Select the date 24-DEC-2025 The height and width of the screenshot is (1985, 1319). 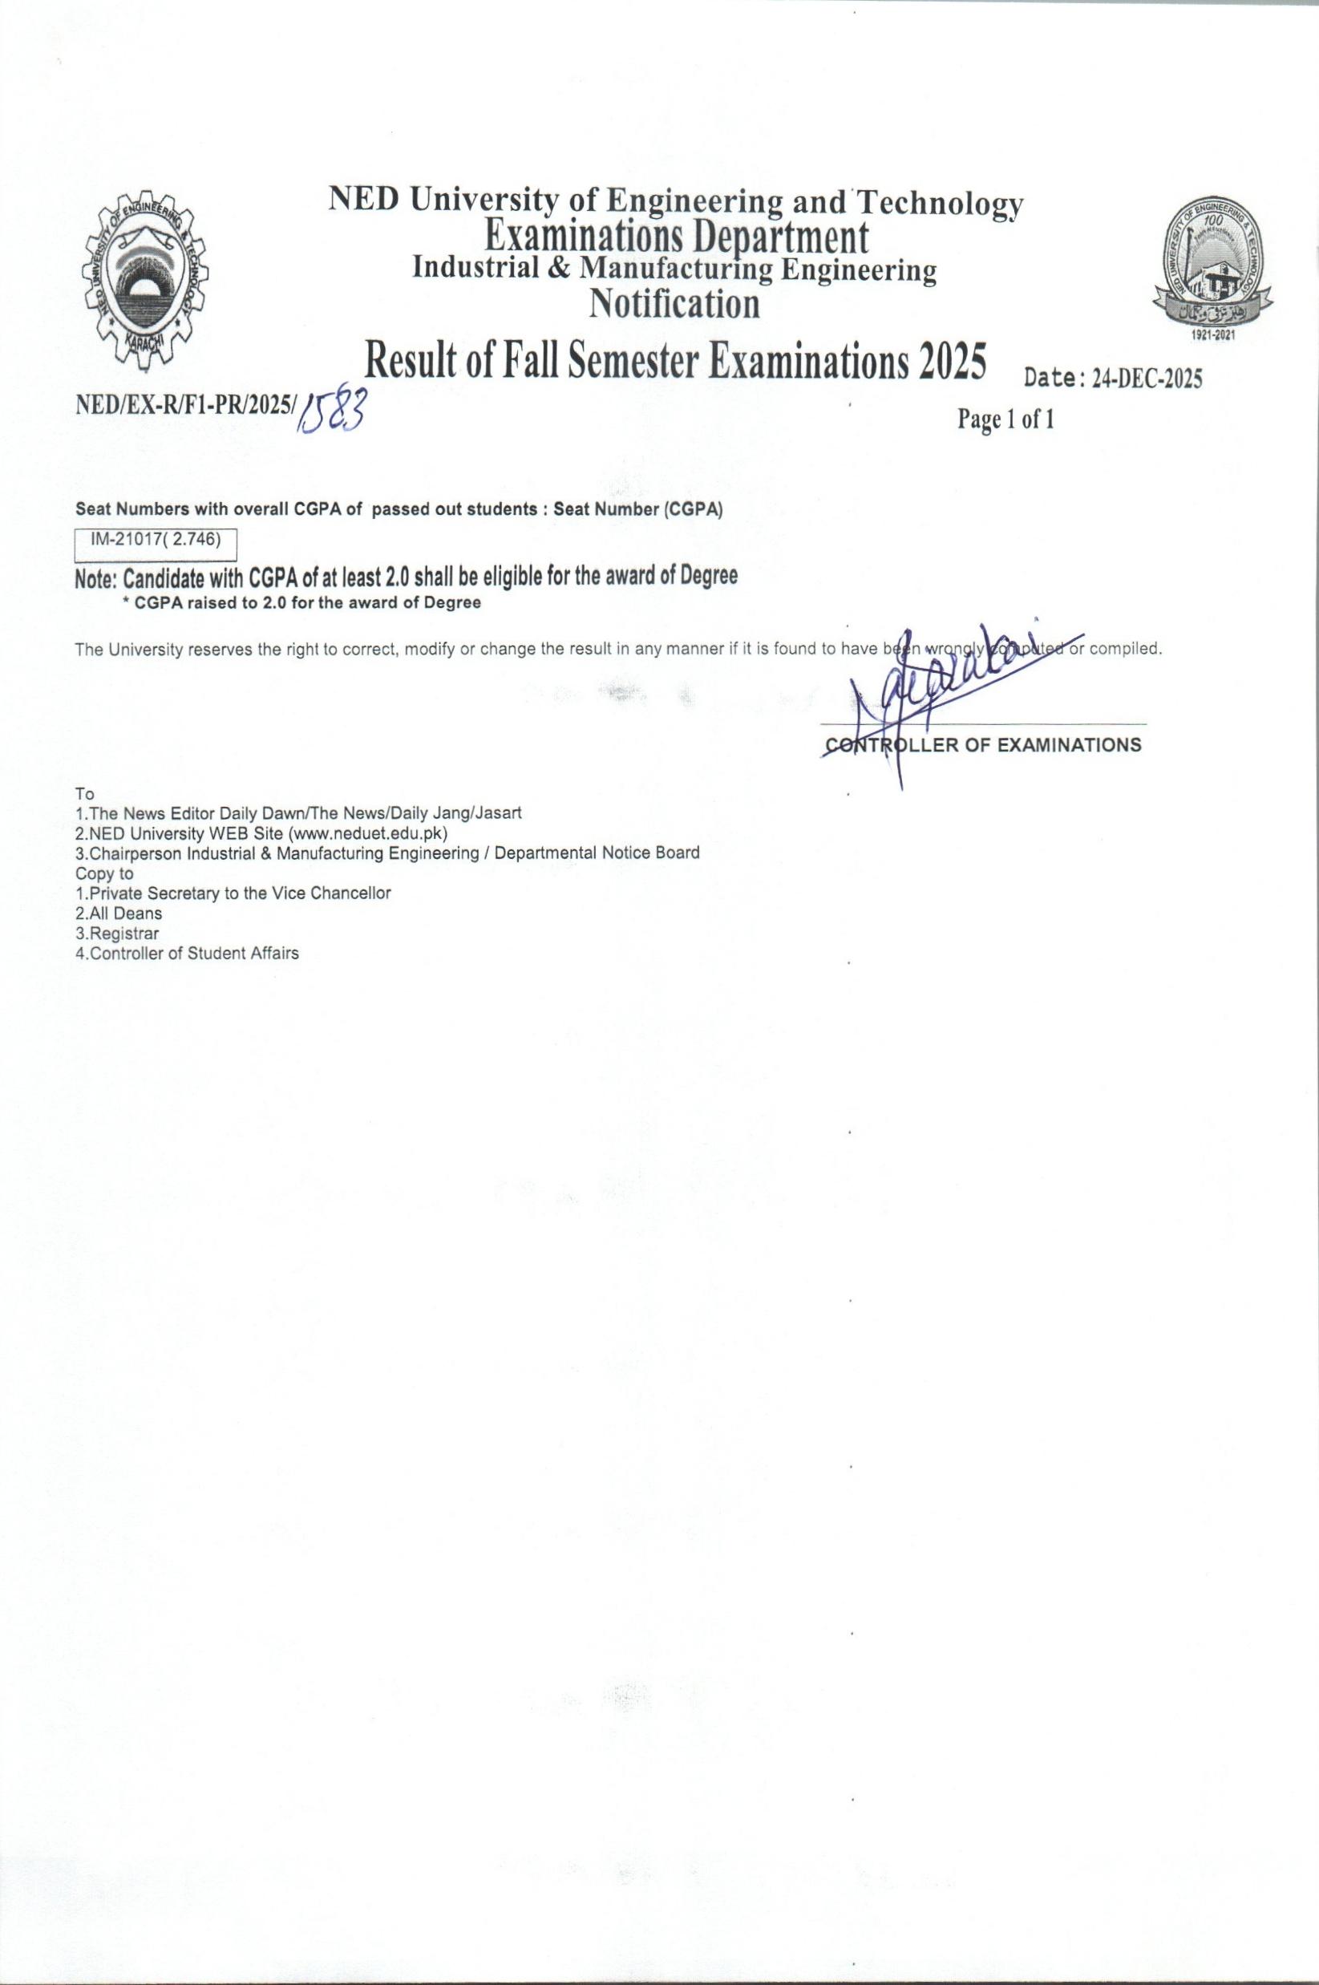click(x=1146, y=379)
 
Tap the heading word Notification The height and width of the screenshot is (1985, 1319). click(x=674, y=304)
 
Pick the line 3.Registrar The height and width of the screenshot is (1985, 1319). click(x=117, y=934)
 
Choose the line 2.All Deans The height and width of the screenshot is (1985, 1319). click(x=119, y=913)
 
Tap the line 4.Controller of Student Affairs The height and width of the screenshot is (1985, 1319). click(x=187, y=954)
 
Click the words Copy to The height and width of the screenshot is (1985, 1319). click(x=104, y=873)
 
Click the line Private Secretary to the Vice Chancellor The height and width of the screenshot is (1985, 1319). click(x=233, y=893)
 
